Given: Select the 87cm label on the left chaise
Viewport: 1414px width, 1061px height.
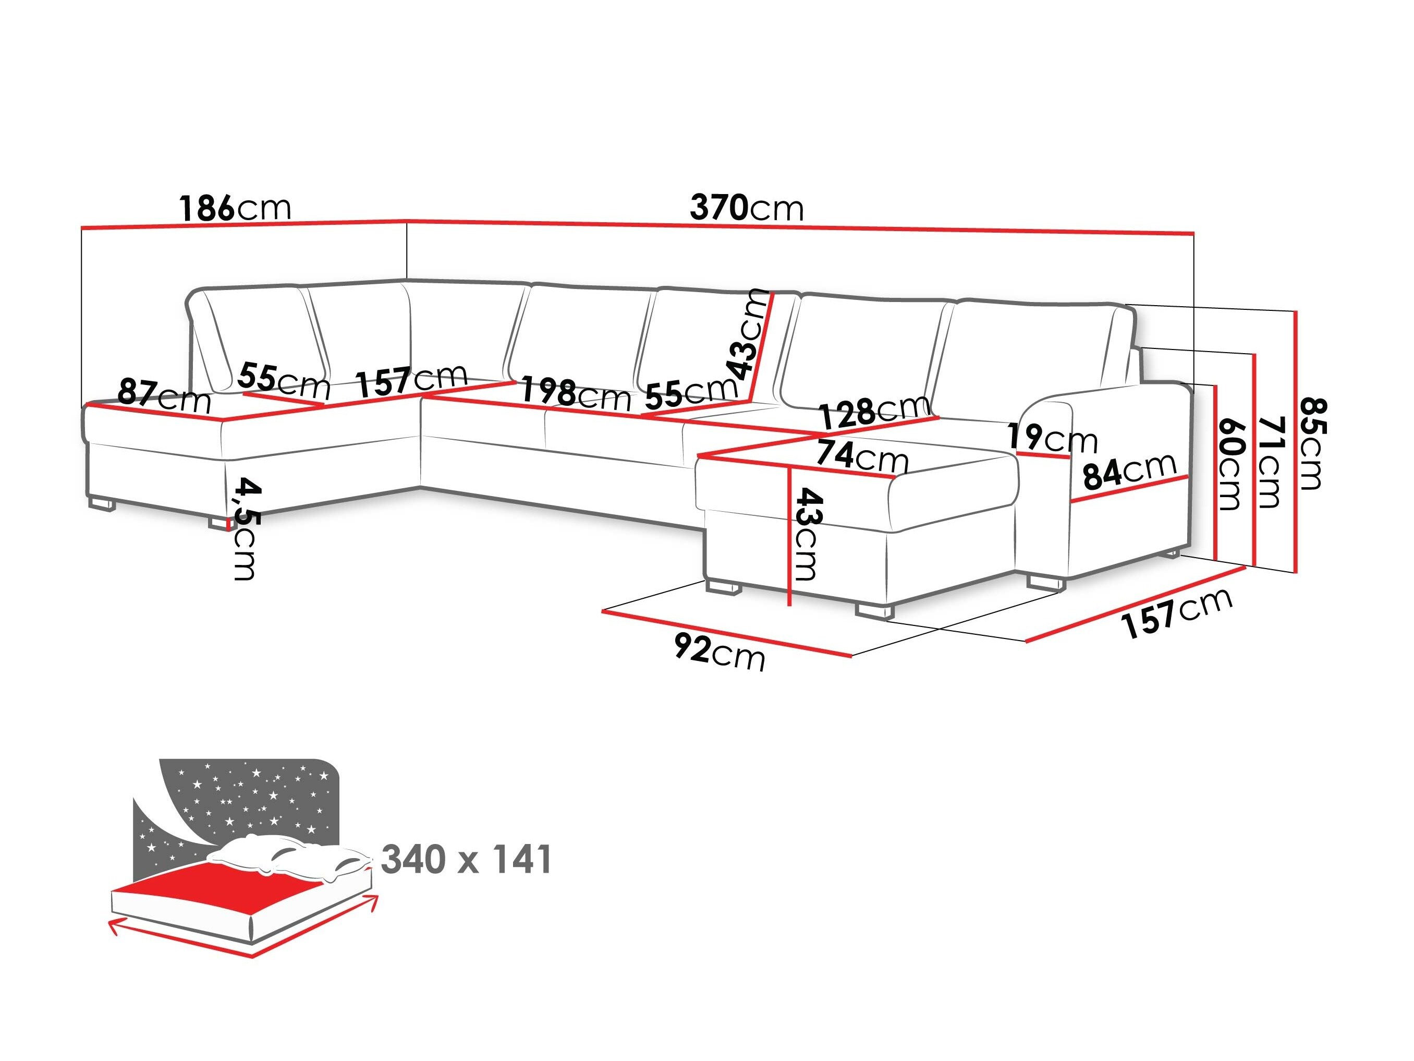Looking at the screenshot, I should [x=164, y=396].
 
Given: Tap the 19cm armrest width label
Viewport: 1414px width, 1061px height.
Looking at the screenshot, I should [x=1052, y=438].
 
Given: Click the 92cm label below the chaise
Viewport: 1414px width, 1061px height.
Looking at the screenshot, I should [x=719, y=653].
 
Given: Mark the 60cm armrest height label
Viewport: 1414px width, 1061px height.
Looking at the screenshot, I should [x=1230, y=464].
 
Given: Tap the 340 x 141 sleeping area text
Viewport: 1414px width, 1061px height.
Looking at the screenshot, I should [x=466, y=860].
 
